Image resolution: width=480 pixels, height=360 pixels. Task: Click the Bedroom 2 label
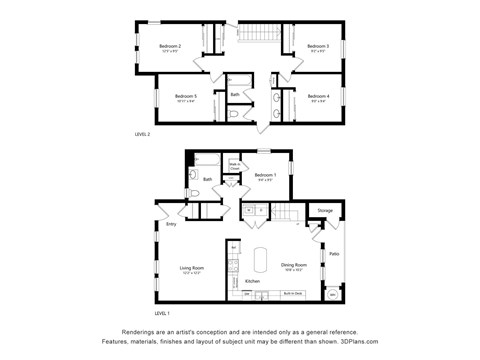pyautogui.click(x=171, y=47)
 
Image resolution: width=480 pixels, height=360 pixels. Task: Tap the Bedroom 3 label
pyautogui.click(x=318, y=47)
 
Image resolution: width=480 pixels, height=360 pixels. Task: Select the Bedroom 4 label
pyautogui.click(x=319, y=96)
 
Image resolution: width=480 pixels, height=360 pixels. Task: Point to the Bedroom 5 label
pyautogui.click(x=187, y=96)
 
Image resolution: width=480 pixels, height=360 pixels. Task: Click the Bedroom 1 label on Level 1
pyautogui.click(x=264, y=175)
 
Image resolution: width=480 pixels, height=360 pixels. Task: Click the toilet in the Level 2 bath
pyautogui.click(x=234, y=114)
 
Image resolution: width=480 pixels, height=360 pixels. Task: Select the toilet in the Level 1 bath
pyautogui.click(x=196, y=194)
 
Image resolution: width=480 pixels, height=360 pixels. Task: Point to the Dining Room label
pyautogui.click(x=293, y=266)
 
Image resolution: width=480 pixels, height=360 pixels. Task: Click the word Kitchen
pyautogui.click(x=252, y=281)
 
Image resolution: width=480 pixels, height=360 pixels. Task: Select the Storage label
pyautogui.click(x=325, y=211)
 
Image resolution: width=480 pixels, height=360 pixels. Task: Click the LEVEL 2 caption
pyautogui.click(x=142, y=133)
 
